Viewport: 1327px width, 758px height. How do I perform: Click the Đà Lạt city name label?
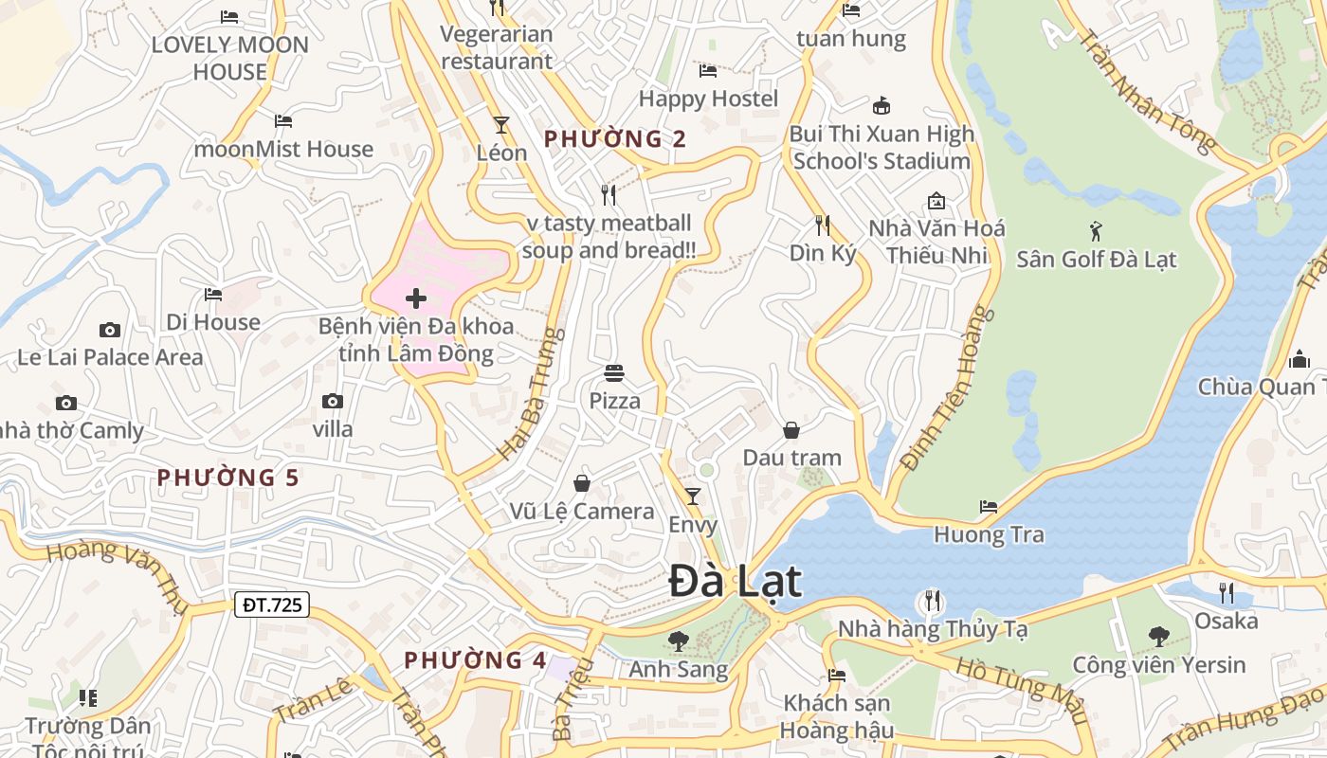coord(736,581)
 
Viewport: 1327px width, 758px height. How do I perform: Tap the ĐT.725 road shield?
coord(272,605)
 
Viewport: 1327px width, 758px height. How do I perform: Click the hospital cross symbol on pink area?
coord(415,299)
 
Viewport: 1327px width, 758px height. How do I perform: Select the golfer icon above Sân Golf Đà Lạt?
coord(1097,230)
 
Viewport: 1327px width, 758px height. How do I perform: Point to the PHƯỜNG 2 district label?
coord(615,139)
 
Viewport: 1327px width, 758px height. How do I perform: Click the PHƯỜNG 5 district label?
coord(227,478)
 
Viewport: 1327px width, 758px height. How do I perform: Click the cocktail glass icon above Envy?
coord(693,496)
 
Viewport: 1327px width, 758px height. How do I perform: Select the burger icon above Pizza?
coord(614,373)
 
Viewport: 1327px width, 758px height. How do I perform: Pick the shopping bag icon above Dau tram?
coord(791,430)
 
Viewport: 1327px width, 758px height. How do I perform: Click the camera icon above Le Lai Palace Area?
coord(110,330)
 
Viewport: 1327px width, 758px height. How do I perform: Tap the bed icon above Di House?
coord(213,295)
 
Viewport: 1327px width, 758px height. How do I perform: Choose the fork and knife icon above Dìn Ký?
coord(823,226)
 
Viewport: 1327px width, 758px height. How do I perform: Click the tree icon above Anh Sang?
coord(678,641)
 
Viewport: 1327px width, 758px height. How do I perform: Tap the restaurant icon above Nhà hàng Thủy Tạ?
coord(933,601)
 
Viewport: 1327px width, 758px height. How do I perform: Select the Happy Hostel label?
coord(708,99)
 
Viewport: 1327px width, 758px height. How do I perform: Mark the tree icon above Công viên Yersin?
coord(1158,637)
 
